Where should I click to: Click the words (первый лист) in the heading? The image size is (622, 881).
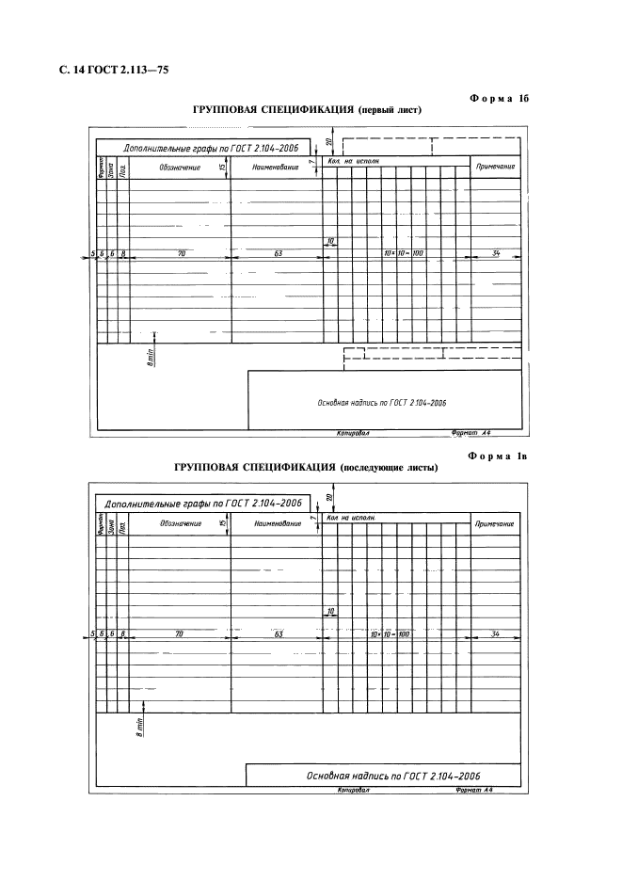(389, 110)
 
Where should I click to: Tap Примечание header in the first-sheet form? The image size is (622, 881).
(495, 167)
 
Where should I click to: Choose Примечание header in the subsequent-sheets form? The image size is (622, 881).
(495, 523)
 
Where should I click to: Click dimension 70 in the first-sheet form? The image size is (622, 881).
(181, 253)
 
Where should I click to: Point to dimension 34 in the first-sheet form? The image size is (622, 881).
(495, 253)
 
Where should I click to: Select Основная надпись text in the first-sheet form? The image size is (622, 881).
(381, 402)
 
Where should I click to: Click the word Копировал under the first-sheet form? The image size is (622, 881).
(353, 435)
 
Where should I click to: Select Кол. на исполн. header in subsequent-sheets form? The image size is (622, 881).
(352, 518)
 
